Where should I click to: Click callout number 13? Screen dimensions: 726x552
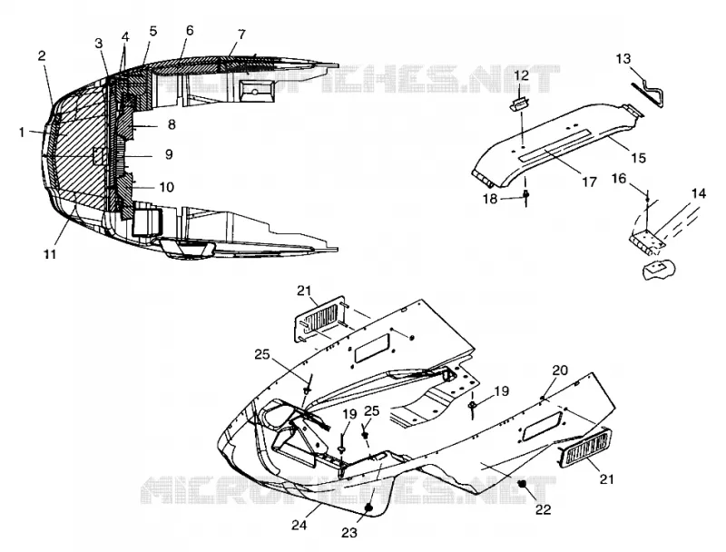pos(623,59)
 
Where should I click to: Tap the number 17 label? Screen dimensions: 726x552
pos(589,182)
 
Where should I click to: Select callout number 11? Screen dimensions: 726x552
pos(50,254)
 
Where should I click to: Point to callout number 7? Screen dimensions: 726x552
pos(241,34)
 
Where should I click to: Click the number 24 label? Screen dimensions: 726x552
pos(299,525)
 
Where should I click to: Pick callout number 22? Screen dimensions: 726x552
pos(544,509)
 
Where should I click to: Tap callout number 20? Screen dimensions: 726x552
pos(560,370)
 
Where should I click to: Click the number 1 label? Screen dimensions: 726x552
pos(22,133)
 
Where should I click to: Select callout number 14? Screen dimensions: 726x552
pos(699,193)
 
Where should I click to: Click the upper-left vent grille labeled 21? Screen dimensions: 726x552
pos(319,320)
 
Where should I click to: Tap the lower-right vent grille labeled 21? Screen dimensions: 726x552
pos(585,448)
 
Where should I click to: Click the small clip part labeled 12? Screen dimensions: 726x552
pos(520,104)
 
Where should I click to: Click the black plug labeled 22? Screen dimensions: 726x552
pos(523,484)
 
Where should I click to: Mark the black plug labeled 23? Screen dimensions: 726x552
pos(369,508)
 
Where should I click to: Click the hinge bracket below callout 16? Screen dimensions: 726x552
pos(647,240)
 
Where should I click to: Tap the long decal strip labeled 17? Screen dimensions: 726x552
pos(554,145)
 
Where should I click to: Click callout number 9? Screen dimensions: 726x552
pos(169,154)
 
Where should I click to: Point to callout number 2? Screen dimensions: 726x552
pos(42,56)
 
